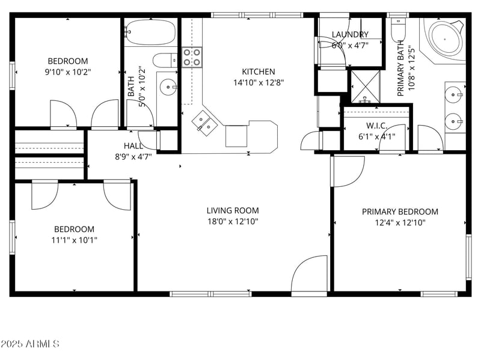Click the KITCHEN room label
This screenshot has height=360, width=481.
[259, 72]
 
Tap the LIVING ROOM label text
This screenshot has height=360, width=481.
[233, 210]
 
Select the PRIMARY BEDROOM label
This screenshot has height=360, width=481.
[400, 212]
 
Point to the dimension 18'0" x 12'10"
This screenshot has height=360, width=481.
[233, 221]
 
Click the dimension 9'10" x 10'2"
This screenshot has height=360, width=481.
[68, 72]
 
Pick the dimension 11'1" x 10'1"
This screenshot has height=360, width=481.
[74, 240]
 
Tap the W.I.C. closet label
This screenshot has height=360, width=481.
[376, 126]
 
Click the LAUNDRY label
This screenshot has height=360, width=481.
[350, 35]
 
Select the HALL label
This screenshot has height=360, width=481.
[133, 146]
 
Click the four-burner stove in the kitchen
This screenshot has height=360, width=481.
[192, 57]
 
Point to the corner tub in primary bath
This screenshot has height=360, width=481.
[446, 38]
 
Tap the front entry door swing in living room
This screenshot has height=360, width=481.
[309, 274]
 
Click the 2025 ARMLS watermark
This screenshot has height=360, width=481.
[29, 344]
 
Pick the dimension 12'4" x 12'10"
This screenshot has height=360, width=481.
[400, 222]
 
